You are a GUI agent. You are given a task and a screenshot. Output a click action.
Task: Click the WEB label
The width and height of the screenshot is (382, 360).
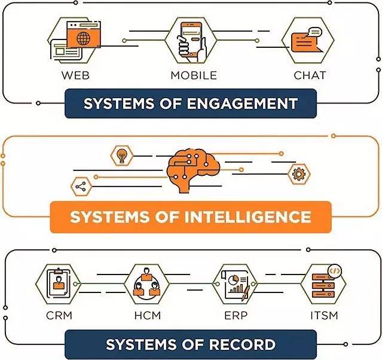(x=75, y=75)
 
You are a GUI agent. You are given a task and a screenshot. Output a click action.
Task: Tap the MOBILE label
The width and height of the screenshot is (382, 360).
(x=194, y=75)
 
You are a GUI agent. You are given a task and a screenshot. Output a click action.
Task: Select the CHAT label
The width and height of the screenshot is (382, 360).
(x=310, y=75)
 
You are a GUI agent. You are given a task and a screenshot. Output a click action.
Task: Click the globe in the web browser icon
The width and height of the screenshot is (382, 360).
(x=84, y=38)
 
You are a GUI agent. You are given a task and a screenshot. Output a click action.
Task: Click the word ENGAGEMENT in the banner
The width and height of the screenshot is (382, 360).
(x=242, y=103)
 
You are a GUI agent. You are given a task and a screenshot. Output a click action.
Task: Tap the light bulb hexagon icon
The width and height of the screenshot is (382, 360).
(x=122, y=155)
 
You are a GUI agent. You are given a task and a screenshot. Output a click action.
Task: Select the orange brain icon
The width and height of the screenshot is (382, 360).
(x=193, y=170)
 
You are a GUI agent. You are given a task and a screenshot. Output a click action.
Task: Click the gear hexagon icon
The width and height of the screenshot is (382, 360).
(x=299, y=174)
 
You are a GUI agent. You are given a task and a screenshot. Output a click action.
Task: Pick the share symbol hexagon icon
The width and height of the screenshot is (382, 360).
(x=81, y=187)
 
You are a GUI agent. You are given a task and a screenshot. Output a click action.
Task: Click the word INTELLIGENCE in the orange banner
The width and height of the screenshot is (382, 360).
(x=247, y=216)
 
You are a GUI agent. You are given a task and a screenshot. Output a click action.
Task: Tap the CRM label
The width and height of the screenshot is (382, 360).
(x=59, y=315)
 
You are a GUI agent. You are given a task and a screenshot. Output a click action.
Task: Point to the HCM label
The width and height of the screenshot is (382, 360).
(x=148, y=315)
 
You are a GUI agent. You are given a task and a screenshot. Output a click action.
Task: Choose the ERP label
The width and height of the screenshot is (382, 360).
(x=236, y=315)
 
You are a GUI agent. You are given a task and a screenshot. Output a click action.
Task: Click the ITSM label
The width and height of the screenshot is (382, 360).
(x=324, y=315)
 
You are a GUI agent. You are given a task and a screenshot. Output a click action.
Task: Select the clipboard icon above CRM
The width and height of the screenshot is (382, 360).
(x=59, y=283)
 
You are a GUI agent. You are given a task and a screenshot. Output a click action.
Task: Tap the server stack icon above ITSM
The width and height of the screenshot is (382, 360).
(x=324, y=284)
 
